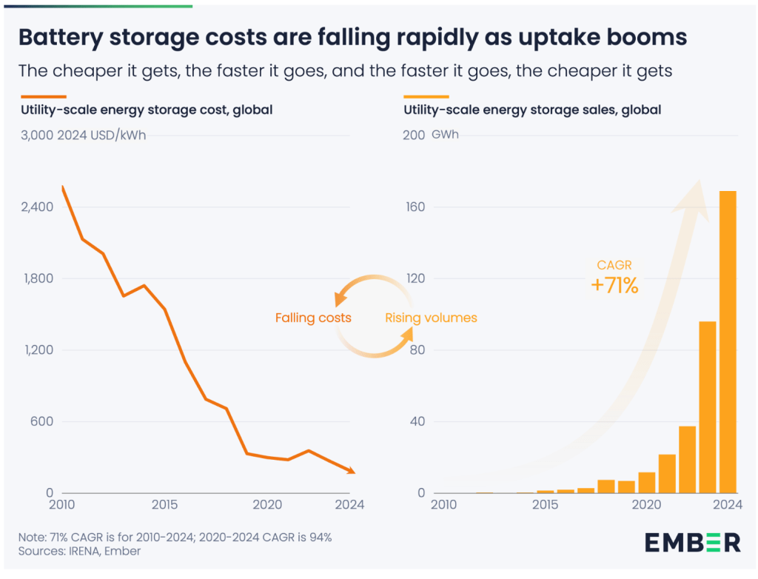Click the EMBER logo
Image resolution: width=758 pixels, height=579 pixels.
693,542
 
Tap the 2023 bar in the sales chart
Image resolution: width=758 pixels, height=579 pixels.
708,407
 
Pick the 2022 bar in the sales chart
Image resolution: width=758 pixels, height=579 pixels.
687,460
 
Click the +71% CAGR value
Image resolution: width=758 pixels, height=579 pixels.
614,285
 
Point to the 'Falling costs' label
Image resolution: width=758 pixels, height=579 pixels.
313,318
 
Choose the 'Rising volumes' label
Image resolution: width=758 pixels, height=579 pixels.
431,318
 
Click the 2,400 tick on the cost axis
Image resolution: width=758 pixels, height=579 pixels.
38,207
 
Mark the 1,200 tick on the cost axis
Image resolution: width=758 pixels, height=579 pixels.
38,350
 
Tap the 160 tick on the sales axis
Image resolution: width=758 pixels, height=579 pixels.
416,207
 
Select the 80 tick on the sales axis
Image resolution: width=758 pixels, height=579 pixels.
419,350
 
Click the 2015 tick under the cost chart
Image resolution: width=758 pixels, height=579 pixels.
164,505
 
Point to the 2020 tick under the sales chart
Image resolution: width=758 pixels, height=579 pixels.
646,505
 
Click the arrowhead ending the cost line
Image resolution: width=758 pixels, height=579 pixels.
350,471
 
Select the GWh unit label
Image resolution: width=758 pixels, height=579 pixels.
445,135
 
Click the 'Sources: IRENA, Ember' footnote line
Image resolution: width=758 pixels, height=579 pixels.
79,551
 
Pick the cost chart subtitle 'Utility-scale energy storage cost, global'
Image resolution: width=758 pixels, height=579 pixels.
146,110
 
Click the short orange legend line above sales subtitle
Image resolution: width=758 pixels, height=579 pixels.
426,96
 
